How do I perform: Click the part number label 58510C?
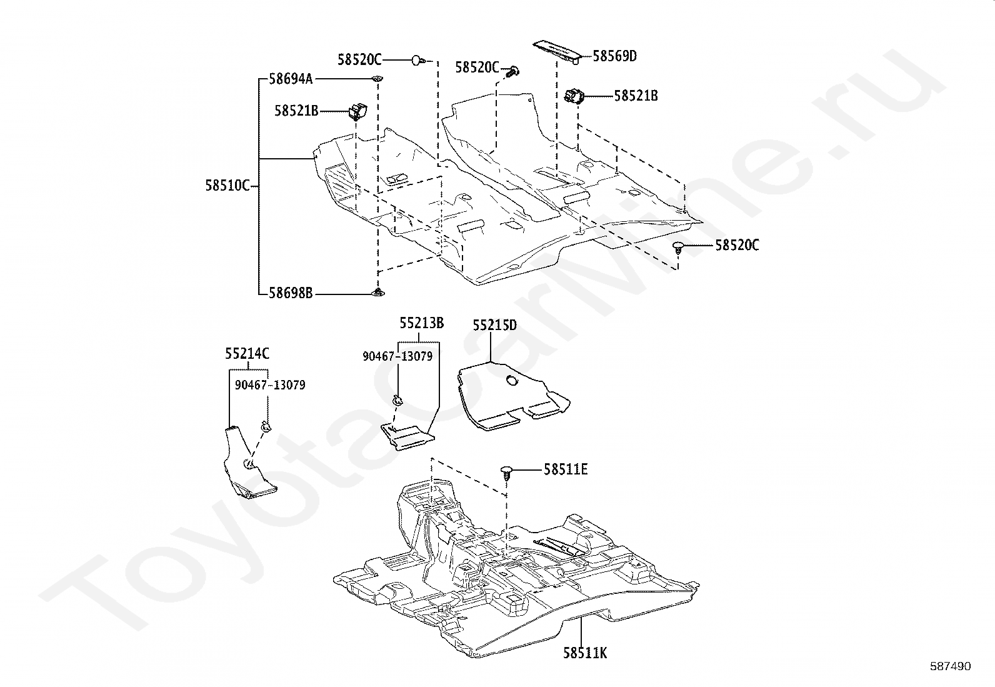(x=227, y=185)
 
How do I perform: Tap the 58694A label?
(x=291, y=79)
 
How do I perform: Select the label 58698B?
(x=291, y=293)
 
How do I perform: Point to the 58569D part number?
(x=615, y=56)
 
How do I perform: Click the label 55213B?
(x=421, y=323)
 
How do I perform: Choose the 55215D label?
(x=495, y=325)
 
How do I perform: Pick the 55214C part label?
(x=247, y=354)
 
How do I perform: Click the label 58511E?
(x=566, y=469)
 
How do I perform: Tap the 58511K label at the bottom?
(x=585, y=653)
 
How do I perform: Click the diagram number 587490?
(x=951, y=666)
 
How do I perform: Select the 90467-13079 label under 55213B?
(x=397, y=356)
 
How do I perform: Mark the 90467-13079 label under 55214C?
(x=270, y=385)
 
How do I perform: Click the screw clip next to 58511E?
(x=507, y=472)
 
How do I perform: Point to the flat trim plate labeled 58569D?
(x=557, y=53)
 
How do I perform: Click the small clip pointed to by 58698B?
(x=377, y=293)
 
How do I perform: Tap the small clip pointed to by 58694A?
(x=377, y=79)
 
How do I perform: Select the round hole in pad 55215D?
(x=512, y=381)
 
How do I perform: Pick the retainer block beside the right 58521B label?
(x=574, y=96)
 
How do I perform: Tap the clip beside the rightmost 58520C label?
(x=678, y=247)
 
